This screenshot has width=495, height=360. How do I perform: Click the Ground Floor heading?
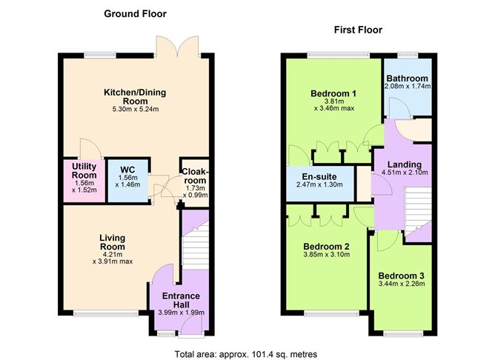tap(135, 13)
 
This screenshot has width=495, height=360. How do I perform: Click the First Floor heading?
tap(358, 30)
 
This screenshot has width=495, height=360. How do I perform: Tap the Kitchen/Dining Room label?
tap(134, 97)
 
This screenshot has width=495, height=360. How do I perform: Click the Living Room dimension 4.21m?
tap(113, 253)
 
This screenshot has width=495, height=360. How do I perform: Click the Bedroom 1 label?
tap(333, 93)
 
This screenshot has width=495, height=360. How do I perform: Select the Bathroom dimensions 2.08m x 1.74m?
tap(407, 87)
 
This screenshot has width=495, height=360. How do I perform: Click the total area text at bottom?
tap(246, 354)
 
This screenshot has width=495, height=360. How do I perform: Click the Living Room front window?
tap(95, 313)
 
